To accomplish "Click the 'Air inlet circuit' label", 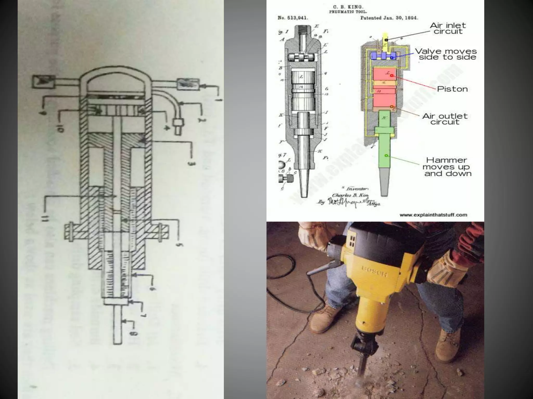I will coord(448,29).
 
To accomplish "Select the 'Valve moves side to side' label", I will coord(446,54).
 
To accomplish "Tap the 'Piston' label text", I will coord(452,89).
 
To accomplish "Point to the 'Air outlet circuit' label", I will coord(445,119).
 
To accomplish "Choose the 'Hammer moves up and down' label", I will coord(447,167).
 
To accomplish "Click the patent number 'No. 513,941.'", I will coord(293,18).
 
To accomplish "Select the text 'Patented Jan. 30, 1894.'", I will coord(389,18).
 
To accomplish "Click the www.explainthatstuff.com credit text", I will coord(433,215).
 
